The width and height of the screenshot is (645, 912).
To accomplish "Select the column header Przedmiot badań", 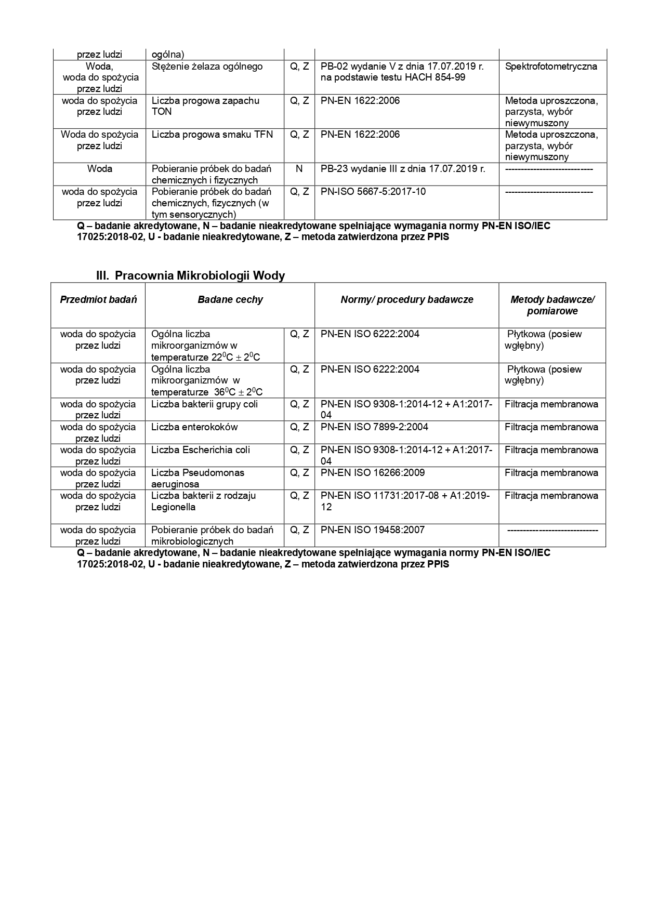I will tap(98, 299).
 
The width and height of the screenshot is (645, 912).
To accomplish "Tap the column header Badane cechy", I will tap(230, 299).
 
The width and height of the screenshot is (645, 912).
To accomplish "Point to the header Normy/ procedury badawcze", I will tap(406, 299).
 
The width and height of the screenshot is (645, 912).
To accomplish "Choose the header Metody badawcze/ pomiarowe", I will tap(552, 305).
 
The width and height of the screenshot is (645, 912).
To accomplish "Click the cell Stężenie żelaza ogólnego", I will tap(207, 67).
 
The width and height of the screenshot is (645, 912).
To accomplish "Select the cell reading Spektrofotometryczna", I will tap(551, 67).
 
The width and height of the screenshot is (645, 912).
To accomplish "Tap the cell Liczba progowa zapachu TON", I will tap(205, 106).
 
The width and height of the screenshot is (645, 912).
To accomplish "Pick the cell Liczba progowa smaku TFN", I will tap(212, 135).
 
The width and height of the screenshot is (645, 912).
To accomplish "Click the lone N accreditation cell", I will tap(299, 168).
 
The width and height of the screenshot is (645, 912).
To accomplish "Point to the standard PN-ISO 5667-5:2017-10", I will tap(373, 192).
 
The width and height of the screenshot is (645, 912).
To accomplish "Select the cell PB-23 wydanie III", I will tap(402, 168).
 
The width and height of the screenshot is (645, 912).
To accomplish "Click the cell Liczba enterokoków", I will tap(194, 427).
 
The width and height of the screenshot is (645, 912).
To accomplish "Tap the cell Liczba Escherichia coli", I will tap(201, 450).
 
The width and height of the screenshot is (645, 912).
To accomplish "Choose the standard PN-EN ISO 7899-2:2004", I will tap(374, 427).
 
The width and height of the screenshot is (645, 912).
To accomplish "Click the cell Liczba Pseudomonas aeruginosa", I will tap(198, 478).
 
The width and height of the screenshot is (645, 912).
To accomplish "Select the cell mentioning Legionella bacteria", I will tap(203, 501).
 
